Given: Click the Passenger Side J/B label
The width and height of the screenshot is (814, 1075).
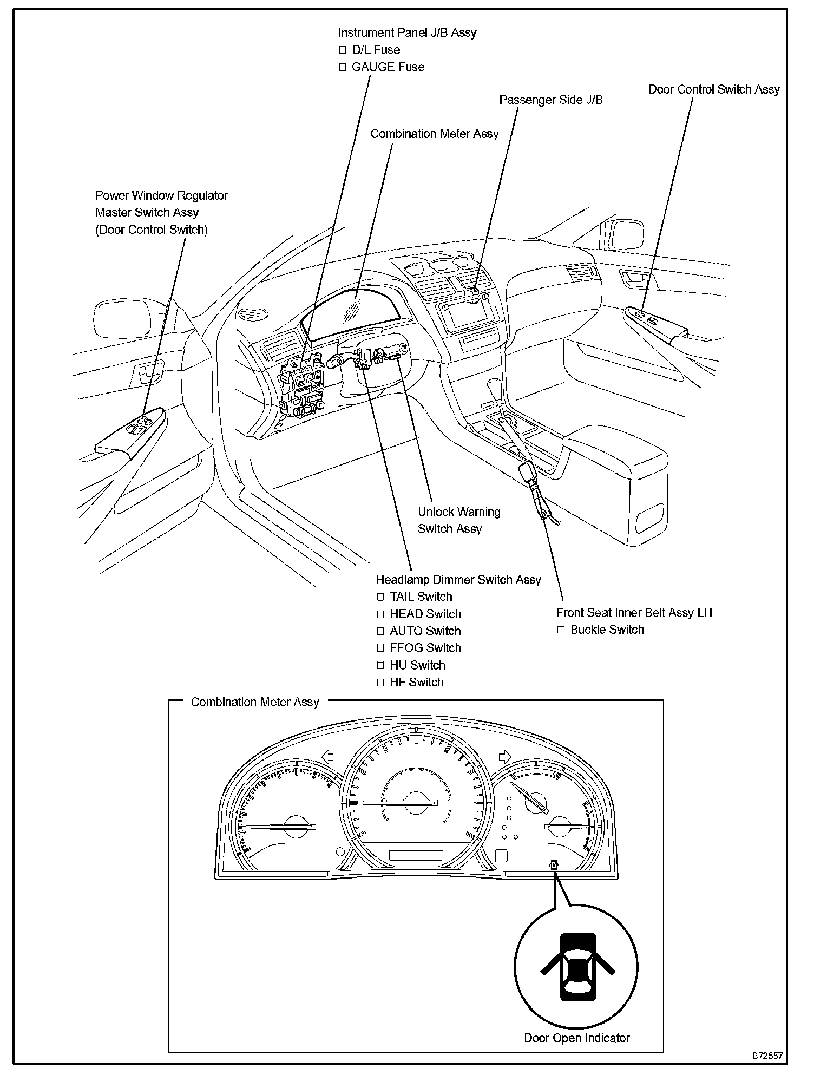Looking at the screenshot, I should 550,100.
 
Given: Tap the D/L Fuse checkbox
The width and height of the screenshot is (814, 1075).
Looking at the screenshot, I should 342,50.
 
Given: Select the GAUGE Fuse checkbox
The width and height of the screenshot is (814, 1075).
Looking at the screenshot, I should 342,68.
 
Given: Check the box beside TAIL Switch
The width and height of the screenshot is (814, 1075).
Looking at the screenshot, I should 380,597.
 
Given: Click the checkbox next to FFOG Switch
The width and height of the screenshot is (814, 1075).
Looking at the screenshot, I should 380,648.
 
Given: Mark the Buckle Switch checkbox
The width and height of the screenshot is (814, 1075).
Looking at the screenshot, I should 561,630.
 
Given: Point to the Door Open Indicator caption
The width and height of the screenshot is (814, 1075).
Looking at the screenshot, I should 576,1038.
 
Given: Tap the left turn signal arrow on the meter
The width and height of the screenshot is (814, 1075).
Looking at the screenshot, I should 327,756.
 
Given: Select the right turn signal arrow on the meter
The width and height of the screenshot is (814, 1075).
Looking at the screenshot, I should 505,756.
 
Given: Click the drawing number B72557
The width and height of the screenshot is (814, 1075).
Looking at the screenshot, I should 766,1056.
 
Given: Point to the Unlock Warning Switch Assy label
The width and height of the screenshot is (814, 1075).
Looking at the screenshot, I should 458,520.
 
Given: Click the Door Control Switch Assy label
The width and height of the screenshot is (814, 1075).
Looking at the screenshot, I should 714,90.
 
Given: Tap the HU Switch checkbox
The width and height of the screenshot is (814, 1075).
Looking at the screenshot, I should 380,666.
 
